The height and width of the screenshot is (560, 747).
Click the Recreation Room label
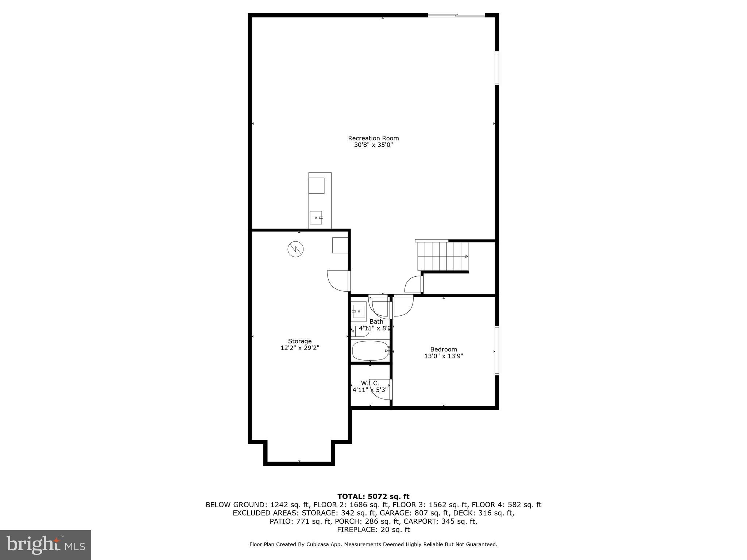373,138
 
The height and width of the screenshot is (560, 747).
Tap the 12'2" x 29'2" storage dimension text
300,348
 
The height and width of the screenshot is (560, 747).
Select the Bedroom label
444,349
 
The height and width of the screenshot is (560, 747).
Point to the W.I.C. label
370,383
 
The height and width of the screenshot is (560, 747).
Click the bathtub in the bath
370,350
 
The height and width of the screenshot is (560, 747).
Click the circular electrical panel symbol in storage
295,249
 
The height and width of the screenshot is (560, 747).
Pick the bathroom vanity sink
358,311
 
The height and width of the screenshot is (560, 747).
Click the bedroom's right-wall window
497,350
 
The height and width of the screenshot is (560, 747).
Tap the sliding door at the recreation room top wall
456,15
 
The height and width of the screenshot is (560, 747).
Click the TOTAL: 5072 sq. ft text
373,497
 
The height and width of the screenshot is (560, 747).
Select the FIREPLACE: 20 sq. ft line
373,530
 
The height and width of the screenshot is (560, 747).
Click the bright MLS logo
46,545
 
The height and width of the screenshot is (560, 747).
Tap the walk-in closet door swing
381,389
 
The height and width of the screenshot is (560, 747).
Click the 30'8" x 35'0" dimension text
373,145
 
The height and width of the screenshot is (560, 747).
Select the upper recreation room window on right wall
497,68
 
